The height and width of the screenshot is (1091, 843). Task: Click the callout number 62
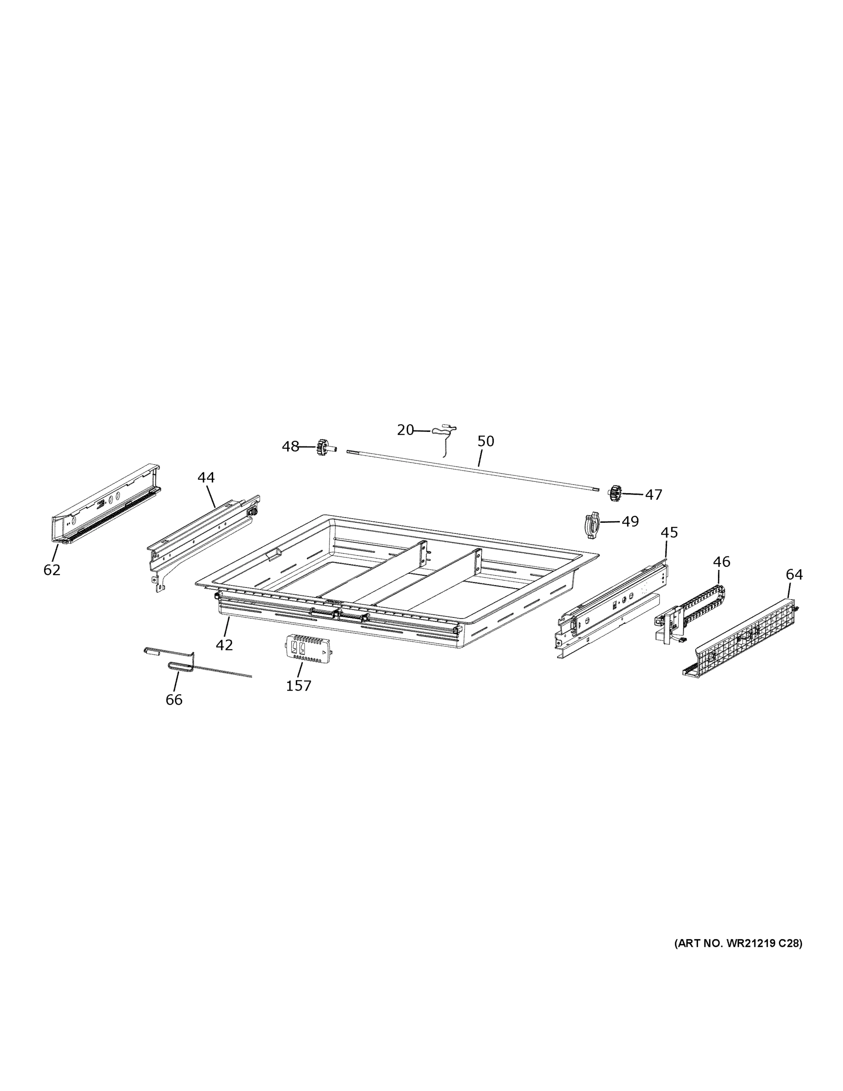(52, 570)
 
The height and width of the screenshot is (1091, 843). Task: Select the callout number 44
(206, 478)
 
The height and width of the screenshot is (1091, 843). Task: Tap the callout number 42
(224, 645)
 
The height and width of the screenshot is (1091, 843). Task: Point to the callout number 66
(174, 700)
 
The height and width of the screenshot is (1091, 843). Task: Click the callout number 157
(299, 686)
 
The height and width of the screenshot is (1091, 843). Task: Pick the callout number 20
(405, 430)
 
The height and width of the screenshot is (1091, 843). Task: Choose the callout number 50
(485, 441)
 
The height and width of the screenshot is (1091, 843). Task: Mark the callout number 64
(794, 575)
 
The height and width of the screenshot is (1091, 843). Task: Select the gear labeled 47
(615, 493)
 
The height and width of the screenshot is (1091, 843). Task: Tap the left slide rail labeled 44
(202, 532)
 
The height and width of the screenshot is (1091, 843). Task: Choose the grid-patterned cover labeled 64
(744, 637)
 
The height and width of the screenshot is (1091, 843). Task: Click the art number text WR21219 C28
(738, 944)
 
